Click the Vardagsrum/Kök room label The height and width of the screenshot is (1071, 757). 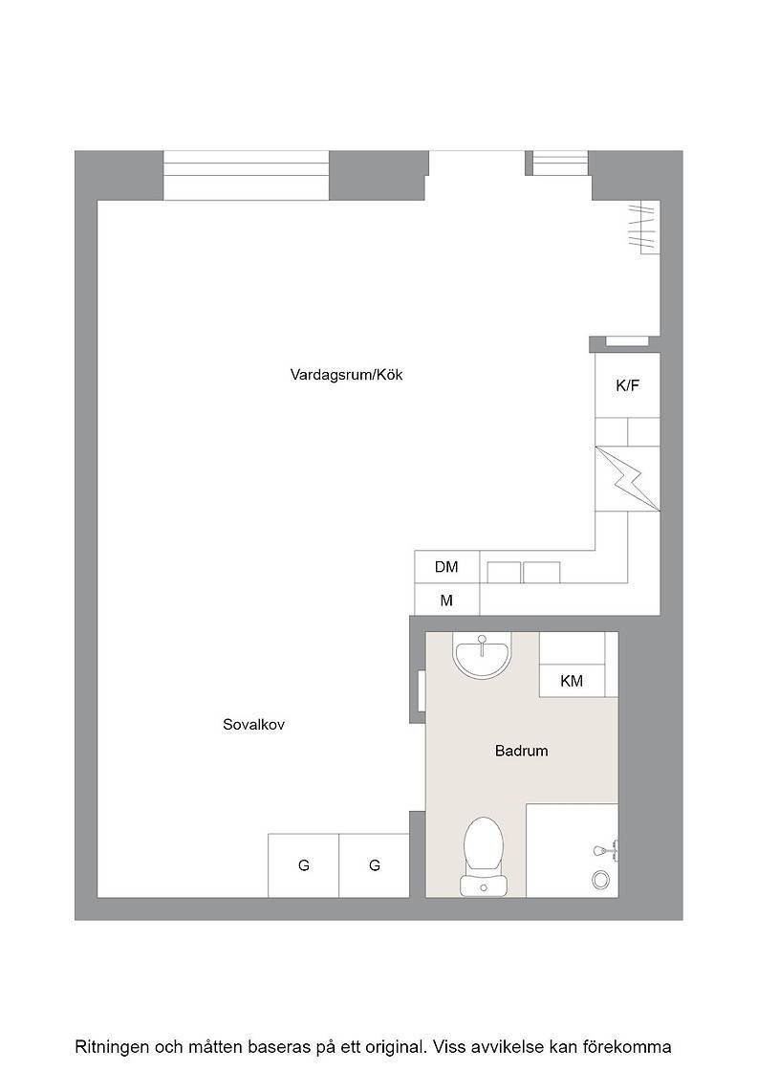(346, 375)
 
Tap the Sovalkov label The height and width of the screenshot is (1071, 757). (253, 725)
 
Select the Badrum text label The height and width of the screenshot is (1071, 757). (522, 751)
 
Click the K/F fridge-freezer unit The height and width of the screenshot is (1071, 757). (627, 385)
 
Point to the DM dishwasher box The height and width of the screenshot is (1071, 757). (447, 567)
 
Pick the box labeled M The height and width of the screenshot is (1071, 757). (447, 601)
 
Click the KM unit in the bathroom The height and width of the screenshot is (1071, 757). (572, 681)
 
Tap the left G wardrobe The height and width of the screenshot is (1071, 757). (304, 865)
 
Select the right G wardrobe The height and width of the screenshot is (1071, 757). (374, 865)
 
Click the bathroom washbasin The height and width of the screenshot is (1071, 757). (482, 656)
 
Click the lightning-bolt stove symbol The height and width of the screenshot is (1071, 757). (627, 478)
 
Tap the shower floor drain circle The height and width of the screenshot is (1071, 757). (600, 880)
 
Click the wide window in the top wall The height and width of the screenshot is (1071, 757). (247, 175)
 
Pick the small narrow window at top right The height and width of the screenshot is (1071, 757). (560, 163)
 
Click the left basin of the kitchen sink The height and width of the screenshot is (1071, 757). (504, 573)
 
